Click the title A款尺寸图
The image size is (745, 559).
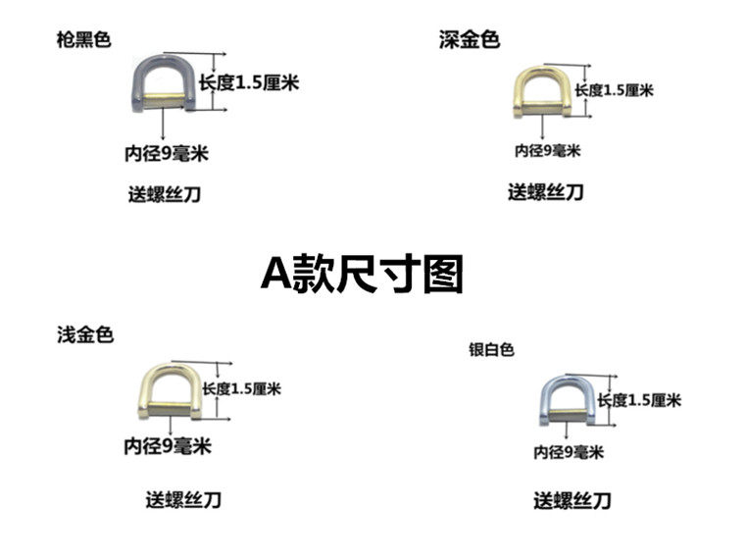[x=362, y=275]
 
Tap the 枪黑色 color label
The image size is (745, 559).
[x=83, y=39]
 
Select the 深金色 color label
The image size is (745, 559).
[x=469, y=39]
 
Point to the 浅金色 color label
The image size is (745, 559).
[x=85, y=335]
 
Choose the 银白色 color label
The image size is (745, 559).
[x=491, y=350]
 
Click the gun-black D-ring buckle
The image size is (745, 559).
[x=164, y=83]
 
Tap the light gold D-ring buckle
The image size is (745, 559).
[x=171, y=391]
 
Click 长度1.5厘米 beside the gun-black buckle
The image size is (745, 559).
[x=249, y=83]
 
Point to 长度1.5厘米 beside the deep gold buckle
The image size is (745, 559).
[x=615, y=90]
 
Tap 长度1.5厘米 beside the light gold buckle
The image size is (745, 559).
[x=242, y=388]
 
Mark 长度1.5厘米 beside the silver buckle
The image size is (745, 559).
[x=639, y=400]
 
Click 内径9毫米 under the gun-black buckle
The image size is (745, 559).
[x=167, y=154]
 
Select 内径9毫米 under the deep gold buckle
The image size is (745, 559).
[x=548, y=151]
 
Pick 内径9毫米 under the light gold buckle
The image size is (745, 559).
[x=168, y=446]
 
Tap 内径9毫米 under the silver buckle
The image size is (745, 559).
[x=569, y=452]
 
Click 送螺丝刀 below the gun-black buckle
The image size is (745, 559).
[x=165, y=194]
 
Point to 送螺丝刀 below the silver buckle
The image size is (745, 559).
[x=572, y=501]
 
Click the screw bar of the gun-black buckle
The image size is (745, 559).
[x=164, y=100]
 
